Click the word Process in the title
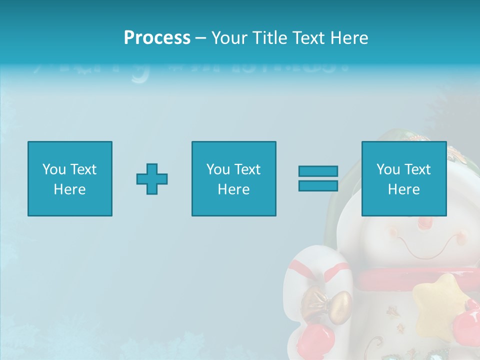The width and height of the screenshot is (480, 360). (157, 38)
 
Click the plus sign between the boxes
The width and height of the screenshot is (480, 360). (152, 178)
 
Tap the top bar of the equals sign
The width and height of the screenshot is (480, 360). (318, 171)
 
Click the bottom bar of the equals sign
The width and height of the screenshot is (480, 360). (318, 185)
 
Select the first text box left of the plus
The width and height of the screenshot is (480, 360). (70, 178)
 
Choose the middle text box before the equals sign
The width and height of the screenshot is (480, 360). (234, 178)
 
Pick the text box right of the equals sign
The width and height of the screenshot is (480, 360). (404, 178)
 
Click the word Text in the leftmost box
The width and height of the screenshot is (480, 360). (83, 169)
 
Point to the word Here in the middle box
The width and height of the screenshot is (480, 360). (234, 189)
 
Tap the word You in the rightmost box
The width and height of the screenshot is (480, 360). (388, 169)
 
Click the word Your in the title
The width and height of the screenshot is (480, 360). (229, 38)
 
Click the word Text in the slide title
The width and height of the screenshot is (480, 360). (307, 38)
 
